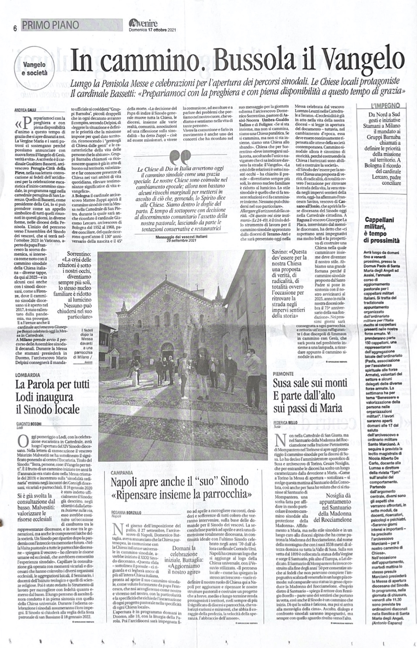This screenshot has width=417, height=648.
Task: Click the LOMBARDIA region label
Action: click(x=28, y=375)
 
